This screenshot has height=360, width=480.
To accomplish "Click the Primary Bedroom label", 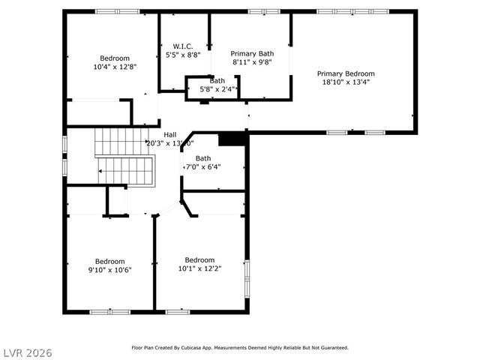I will [346, 73].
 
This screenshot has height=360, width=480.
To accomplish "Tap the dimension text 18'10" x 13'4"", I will [346, 83].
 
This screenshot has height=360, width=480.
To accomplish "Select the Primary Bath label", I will [252, 53].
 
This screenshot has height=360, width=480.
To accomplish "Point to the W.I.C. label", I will [183, 46].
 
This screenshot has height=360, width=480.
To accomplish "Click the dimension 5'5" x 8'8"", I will [183, 55].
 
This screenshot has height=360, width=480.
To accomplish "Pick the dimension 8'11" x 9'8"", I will [252, 63].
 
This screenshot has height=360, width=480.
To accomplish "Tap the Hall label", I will [170, 134].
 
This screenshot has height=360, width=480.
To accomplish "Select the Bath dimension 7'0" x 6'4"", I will [203, 168].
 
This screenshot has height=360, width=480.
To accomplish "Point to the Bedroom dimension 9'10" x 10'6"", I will [109, 270].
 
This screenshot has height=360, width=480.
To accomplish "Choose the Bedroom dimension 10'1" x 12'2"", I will [199, 269].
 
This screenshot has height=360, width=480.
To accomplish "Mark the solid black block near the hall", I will [232, 139].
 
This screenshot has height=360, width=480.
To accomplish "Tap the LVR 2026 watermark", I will [27, 352].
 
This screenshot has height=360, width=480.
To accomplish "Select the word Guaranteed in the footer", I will [332, 347].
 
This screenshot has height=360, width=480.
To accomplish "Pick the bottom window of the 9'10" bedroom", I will [109, 311].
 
